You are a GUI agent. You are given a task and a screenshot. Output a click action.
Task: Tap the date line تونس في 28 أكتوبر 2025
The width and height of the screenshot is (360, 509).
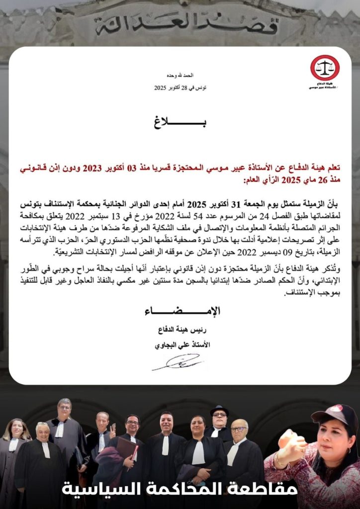point(180,87)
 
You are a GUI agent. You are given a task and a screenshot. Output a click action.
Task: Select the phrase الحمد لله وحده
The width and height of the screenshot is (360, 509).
point(180,76)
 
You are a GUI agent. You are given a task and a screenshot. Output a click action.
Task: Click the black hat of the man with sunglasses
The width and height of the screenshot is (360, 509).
point(219,410)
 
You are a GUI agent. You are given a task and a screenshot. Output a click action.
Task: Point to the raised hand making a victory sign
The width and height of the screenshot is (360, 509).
point(112,428)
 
